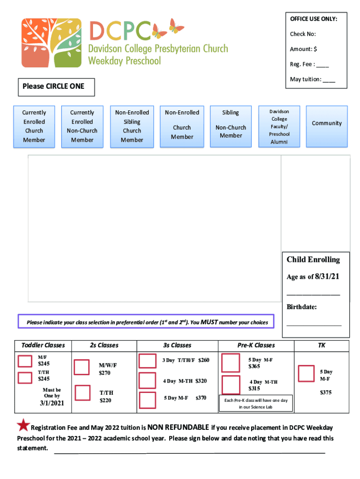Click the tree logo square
point(51,43)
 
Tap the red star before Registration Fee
point(23,425)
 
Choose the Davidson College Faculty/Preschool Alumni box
point(279,126)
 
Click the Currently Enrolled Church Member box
point(34,126)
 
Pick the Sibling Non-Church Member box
point(230,126)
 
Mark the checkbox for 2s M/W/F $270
point(82,367)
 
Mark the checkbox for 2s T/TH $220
point(83,392)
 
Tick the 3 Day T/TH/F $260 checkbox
point(148,361)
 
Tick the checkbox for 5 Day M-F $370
point(148,400)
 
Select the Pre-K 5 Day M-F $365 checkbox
point(230,363)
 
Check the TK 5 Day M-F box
point(306,373)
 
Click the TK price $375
point(326,392)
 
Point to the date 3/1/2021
point(51,403)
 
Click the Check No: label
point(303,34)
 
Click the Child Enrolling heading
point(313,260)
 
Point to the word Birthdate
point(302,307)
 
